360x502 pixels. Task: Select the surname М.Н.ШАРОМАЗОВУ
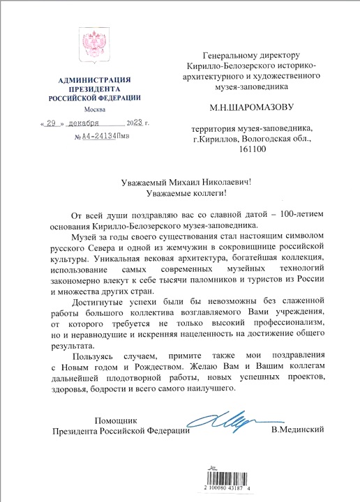[x=258, y=108]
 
